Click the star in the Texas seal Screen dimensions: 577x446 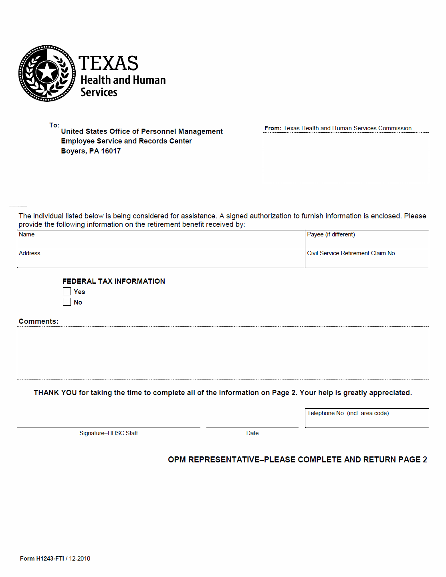click(47, 72)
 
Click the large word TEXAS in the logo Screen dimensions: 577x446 click(108, 63)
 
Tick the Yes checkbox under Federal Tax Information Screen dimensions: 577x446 click(67, 291)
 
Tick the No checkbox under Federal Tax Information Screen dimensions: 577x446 click(67, 302)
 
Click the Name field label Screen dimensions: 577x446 click(27, 234)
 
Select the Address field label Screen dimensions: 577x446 click(30, 253)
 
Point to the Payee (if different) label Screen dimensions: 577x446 click(331, 234)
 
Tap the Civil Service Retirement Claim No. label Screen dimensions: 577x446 click(351, 253)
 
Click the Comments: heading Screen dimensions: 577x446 click(38, 321)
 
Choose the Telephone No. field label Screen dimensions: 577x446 click(348, 413)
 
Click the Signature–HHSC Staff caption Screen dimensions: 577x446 click(109, 433)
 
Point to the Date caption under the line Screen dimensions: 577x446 click(252, 433)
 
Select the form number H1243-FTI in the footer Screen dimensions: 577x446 click(50, 559)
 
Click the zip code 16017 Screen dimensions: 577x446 click(111, 151)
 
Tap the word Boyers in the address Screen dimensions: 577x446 click(73, 151)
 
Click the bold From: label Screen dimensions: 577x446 click(273, 128)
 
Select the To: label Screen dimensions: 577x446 click(54, 125)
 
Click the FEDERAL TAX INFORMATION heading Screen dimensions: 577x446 click(114, 281)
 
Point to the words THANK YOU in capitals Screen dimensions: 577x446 click(55, 393)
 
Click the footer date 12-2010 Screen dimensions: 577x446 click(80, 559)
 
